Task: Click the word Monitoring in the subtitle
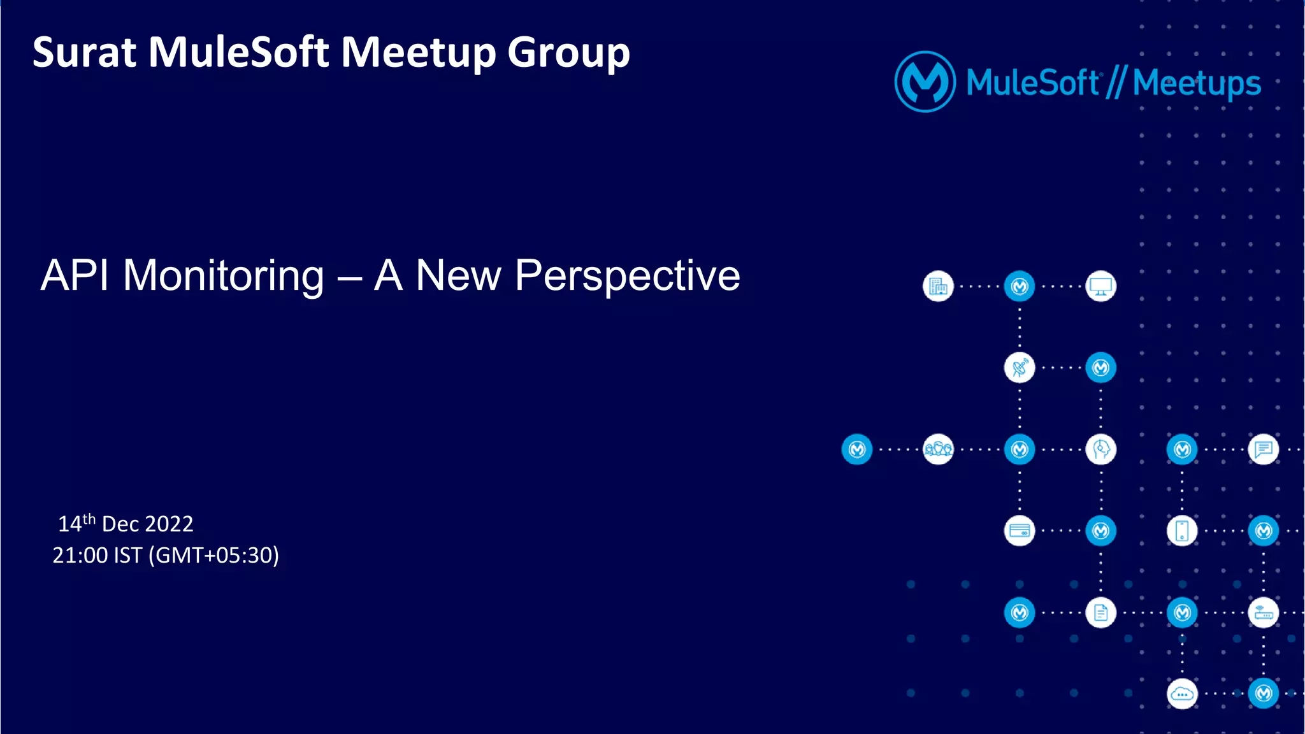223,277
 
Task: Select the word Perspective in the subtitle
627,277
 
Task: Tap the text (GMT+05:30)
213,556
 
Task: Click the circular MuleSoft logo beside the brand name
925,82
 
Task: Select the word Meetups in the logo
1197,83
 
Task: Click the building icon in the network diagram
938,287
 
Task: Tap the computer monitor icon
1100,287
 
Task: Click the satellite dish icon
1020,368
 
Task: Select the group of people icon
938,450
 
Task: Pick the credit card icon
1020,531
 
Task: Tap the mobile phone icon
1182,531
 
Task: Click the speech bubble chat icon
1264,450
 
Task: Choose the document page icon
1100,613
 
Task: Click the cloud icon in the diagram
1182,694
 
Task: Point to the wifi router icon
1264,613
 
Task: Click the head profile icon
1100,450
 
